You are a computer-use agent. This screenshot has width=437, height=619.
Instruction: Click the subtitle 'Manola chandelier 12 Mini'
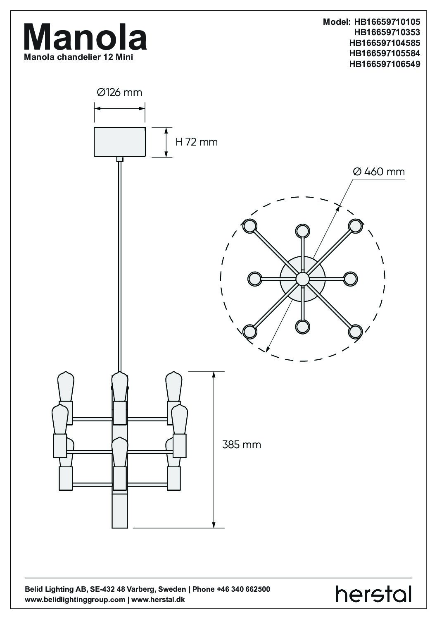click(78, 57)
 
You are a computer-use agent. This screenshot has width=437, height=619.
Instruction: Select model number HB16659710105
click(387, 22)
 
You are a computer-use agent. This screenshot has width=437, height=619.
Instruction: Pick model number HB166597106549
click(385, 64)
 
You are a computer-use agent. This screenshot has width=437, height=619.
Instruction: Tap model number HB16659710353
click(387, 32)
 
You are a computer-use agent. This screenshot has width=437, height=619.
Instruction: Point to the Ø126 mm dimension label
click(119, 92)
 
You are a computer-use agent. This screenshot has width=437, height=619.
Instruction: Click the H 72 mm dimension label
click(196, 142)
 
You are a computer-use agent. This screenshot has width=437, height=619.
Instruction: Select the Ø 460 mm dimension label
click(379, 172)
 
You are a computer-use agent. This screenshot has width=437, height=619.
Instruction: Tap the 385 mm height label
click(241, 445)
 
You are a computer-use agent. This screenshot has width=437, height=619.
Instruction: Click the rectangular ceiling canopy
click(119, 142)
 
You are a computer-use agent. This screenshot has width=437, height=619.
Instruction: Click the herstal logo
click(373, 594)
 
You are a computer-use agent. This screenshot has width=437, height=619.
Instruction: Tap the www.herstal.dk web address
click(158, 600)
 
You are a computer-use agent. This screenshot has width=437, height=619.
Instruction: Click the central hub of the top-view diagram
click(302, 278)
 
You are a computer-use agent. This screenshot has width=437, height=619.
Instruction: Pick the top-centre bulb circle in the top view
click(302, 230)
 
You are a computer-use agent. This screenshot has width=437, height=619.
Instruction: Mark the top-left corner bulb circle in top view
click(249, 226)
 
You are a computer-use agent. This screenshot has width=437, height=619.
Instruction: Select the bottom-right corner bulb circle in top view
click(355, 331)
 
